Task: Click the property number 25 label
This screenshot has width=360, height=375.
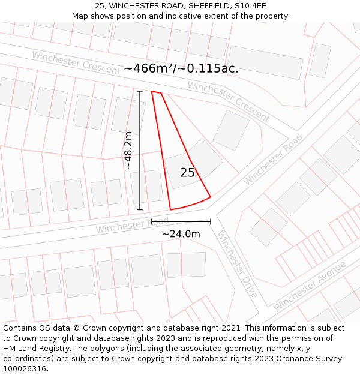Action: tap(187, 173)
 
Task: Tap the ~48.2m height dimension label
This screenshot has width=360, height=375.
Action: tap(128, 150)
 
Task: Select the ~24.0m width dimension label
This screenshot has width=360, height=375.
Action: tap(181, 234)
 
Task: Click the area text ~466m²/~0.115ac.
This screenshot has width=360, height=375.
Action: tap(181, 68)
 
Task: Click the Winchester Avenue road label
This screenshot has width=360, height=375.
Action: tap(310, 286)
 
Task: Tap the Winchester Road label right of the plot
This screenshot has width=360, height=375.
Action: tap(273, 159)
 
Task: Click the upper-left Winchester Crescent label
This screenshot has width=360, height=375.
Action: tap(76, 62)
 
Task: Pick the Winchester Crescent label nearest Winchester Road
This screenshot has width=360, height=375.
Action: tap(229, 101)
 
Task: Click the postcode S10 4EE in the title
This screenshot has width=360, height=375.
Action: tap(251, 5)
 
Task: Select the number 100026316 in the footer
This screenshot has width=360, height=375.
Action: tap(25, 368)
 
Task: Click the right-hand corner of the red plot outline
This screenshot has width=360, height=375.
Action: tap(211, 197)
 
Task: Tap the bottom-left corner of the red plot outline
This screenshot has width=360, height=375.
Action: tap(170, 210)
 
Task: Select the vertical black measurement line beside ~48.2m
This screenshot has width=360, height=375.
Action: tap(140, 150)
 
